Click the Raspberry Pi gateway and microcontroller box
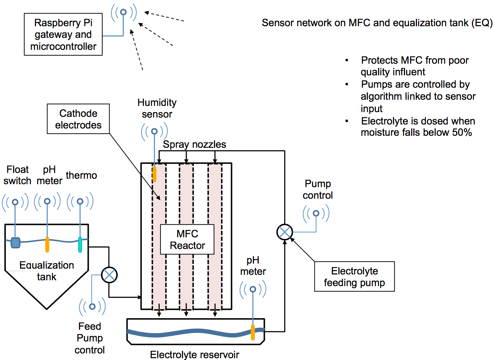tap(63, 35)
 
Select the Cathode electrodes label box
tap(78, 119)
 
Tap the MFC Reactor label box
tap(187, 240)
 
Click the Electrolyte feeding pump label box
tap(354, 277)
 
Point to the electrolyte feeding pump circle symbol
tap(285, 232)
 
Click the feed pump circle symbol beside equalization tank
tap(109, 275)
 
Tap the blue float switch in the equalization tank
tap(15, 242)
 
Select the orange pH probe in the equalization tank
tap(47, 245)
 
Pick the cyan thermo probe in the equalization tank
tap(80, 245)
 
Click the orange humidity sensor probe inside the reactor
tap(154, 174)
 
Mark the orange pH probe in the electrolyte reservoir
tap(253, 332)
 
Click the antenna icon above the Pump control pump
tap(316, 213)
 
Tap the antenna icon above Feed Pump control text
tap(92, 306)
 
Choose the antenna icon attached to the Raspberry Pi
tap(124, 12)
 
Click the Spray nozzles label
tap(194, 145)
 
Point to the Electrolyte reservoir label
tap(194, 355)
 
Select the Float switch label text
tap(17, 175)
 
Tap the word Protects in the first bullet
tap(379, 60)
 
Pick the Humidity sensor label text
tap(157, 108)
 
